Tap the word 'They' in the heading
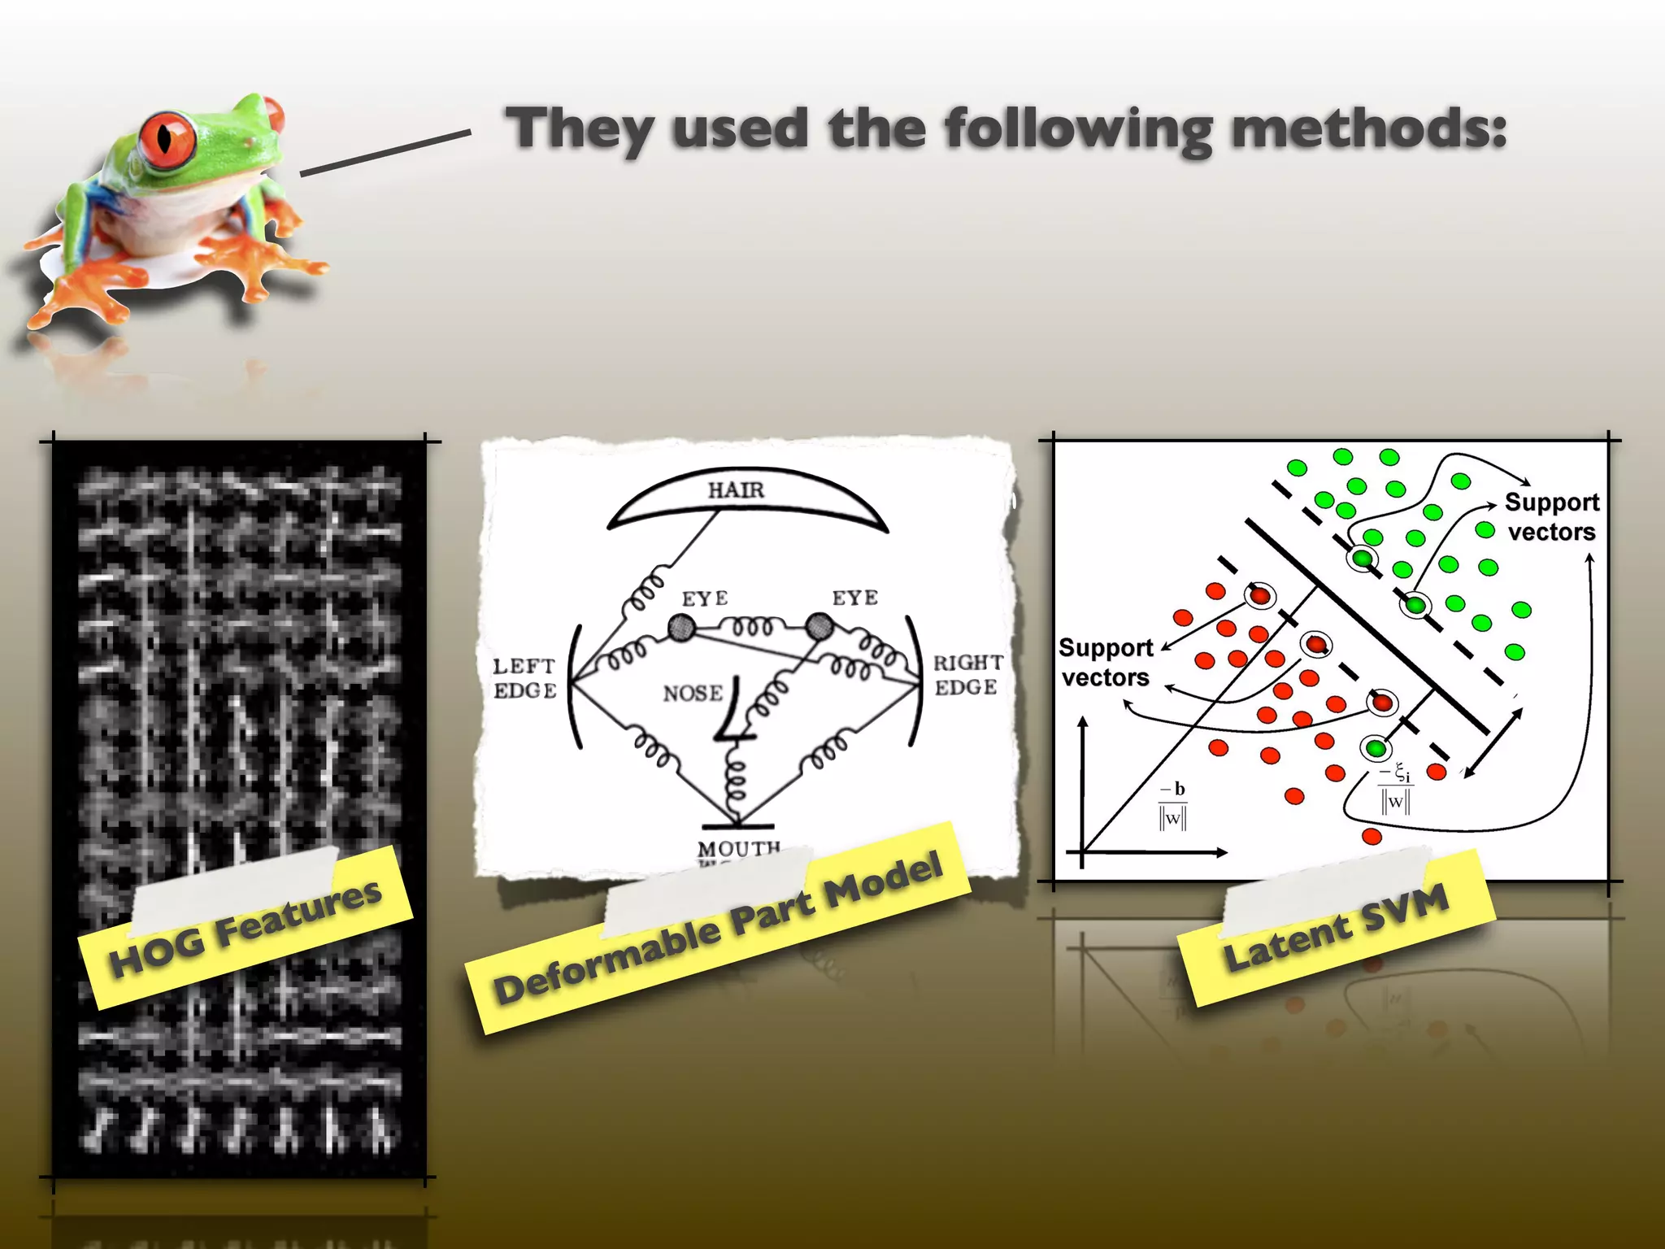[579, 130]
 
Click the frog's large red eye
[167, 137]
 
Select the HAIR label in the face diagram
[736, 490]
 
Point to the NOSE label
[693, 694]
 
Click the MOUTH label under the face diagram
[738, 848]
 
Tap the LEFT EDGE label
[525, 678]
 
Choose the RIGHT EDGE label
[967, 675]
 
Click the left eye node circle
[681, 628]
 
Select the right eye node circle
[819, 627]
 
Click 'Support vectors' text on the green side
[1551, 517]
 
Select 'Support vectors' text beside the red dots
[1106, 663]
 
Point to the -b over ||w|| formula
[1173, 805]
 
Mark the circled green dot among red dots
[1376, 748]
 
